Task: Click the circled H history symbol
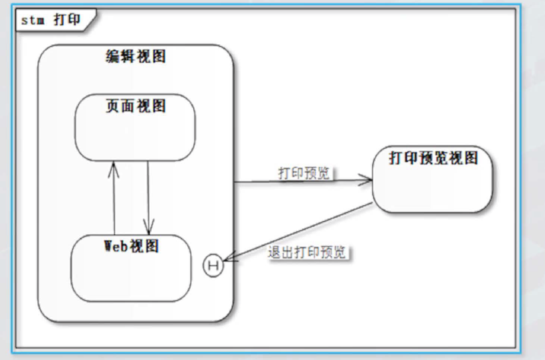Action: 213,266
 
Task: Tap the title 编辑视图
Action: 136,56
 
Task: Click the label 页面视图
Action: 136,106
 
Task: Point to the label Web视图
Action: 132,246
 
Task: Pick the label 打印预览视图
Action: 433,158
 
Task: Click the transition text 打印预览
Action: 304,173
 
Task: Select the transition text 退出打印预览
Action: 307,252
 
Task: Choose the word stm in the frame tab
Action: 32,20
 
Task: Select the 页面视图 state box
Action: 134,134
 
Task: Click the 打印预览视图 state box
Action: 433,187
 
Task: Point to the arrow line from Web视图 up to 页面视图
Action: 114,201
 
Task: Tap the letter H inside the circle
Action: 213,266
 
